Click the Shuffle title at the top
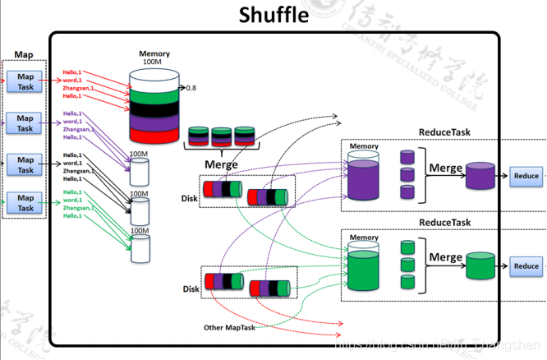click(x=273, y=15)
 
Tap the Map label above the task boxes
click(x=24, y=55)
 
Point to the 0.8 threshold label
click(x=191, y=87)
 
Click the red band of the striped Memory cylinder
click(x=154, y=135)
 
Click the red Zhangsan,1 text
click(x=79, y=89)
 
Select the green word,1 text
click(x=72, y=200)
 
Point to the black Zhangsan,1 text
click(x=79, y=171)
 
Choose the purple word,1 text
click(x=72, y=122)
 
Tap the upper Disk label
click(x=191, y=197)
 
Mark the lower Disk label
click(x=191, y=288)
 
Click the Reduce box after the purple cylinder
click(x=526, y=176)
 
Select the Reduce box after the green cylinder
click(x=526, y=265)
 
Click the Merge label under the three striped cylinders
click(x=221, y=164)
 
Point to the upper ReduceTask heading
click(x=444, y=132)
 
